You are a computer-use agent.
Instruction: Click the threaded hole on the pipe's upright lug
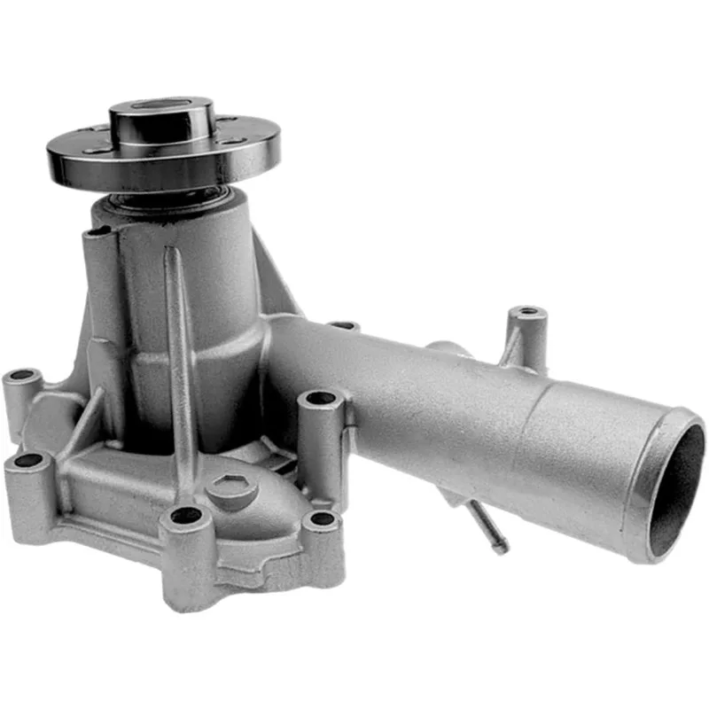[528, 312]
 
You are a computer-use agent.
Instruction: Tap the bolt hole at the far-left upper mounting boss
[23, 376]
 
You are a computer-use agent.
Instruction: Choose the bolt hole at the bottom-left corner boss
[28, 461]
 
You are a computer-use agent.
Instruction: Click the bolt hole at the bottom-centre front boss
[186, 515]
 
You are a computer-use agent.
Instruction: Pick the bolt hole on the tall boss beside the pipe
[321, 398]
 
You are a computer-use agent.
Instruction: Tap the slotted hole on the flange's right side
[234, 141]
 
